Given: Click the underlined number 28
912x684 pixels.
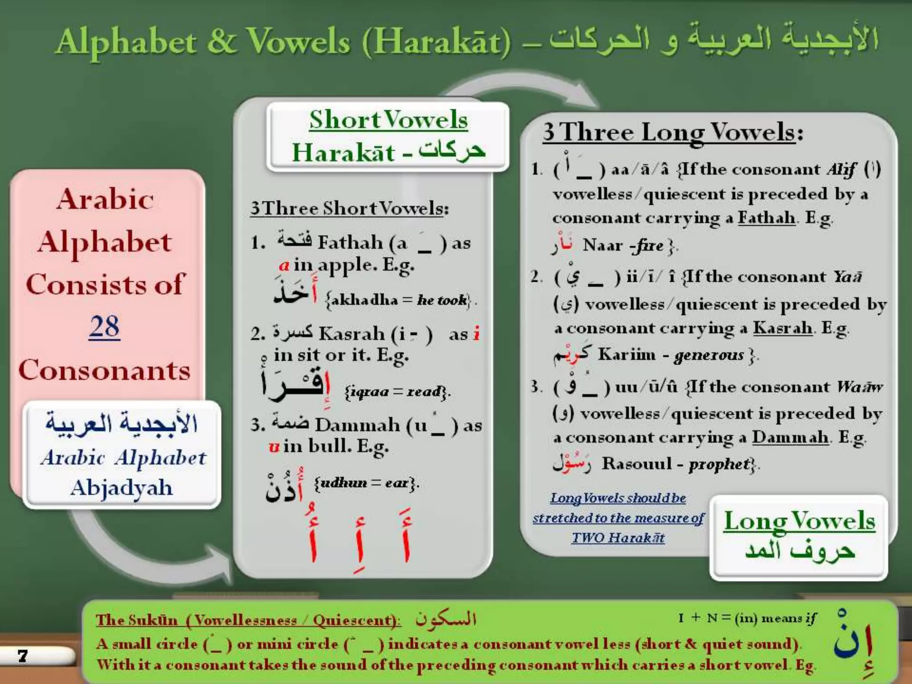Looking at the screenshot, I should [x=104, y=327].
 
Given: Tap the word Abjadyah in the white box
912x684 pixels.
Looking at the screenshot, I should [x=121, y=488].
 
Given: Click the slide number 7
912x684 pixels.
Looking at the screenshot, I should [x=23, y=655].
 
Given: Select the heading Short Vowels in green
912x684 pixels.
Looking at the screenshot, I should [x=388, y=120].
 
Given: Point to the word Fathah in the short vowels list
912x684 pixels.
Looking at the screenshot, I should [x=350, y=243].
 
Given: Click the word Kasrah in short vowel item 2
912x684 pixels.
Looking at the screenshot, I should [x=352, y=334].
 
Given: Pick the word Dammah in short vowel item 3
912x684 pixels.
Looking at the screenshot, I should [x=357, y=425].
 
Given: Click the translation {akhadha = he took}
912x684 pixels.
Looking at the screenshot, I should [x=398, y=301].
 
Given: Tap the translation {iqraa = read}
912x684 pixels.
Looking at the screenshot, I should [x=397, y=392].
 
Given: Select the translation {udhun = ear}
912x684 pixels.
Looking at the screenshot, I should [x=366, y=483].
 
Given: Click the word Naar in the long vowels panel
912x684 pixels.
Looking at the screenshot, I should [x=603, y=245].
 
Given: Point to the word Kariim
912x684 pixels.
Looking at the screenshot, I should [x=627, y=354].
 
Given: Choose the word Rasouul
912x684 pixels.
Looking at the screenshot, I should [x=637, y=464].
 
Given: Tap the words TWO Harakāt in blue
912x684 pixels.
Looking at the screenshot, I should [x=618, y=538].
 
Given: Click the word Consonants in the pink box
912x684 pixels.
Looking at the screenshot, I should [x=104, y=370].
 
